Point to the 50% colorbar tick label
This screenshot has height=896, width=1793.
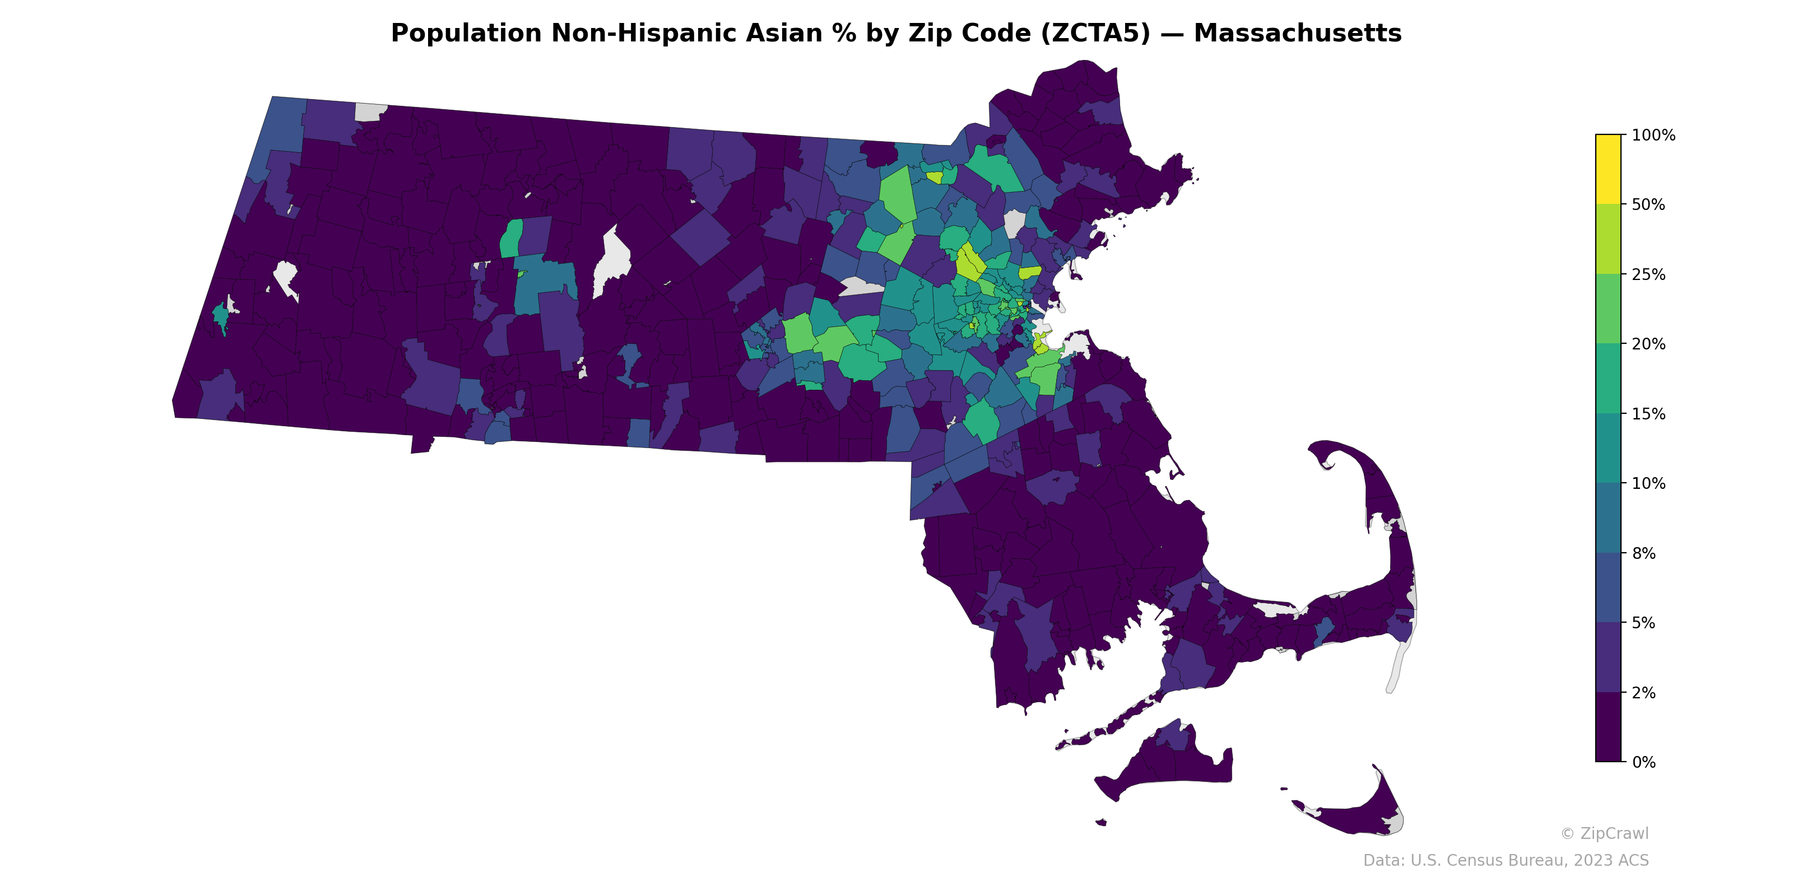tap(1648, 205)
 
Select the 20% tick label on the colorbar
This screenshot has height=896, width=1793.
tap(1648, 344)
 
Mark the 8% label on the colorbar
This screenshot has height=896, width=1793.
tap(1643, 554)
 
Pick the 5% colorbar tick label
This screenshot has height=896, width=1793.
tap(1643, 623)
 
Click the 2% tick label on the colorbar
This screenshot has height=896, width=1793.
tap(1643, 693)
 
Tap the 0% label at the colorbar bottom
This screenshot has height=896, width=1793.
tap(1643, 762)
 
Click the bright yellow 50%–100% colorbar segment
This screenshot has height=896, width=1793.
tap(1608, 169)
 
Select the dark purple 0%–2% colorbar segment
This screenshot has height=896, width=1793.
tap(1608, 727)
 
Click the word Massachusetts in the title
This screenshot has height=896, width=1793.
tap(1298, 34)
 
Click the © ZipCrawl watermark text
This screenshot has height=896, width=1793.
tap(1604, 833)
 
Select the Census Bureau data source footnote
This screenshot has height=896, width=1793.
tap(1506, 861)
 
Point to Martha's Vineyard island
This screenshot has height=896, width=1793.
tap(1169, 765)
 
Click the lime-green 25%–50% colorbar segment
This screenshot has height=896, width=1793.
tap(1608, 239)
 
